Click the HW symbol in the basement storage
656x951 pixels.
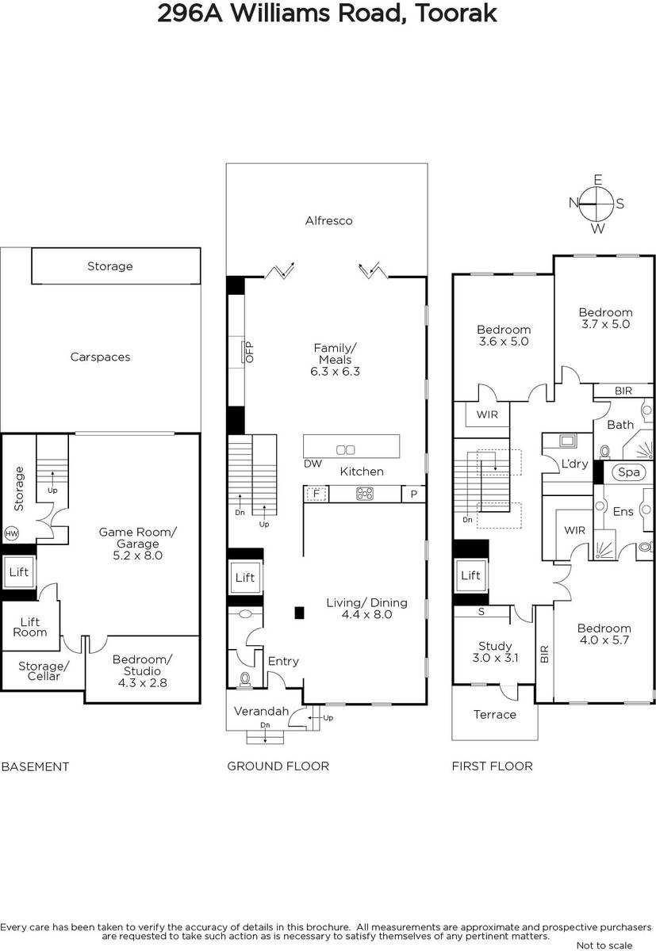(11, 533)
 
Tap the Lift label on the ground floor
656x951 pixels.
(245, 577)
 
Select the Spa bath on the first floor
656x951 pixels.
(628, 472)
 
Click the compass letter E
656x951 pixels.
(598, 180)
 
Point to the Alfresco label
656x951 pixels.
(329, 220)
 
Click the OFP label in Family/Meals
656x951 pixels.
(249, 352)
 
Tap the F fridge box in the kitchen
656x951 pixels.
(316, 494)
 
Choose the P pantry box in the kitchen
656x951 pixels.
(414, 494)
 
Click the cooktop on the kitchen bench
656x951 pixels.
(365, 494)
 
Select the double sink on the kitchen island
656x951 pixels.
(345, 449)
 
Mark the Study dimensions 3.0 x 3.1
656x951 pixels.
(496, 658)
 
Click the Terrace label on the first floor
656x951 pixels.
(495, 715)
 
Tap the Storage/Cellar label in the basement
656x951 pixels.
(44, 670)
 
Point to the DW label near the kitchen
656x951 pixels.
(313, 464)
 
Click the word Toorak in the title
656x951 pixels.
(455, 13)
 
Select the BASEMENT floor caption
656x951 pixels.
(35, 766)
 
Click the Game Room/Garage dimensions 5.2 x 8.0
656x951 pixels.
(138, 556)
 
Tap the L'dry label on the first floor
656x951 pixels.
(574, 464)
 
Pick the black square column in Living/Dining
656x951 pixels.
(300, 613)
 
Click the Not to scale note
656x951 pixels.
(604, 945)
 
